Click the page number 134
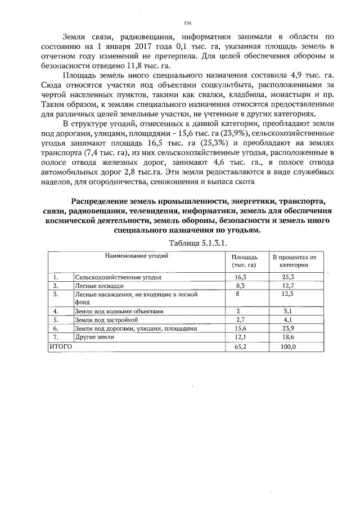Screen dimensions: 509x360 (188, 23)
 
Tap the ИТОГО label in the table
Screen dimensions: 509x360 (61, 346)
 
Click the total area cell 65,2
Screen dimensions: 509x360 (240, 347)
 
